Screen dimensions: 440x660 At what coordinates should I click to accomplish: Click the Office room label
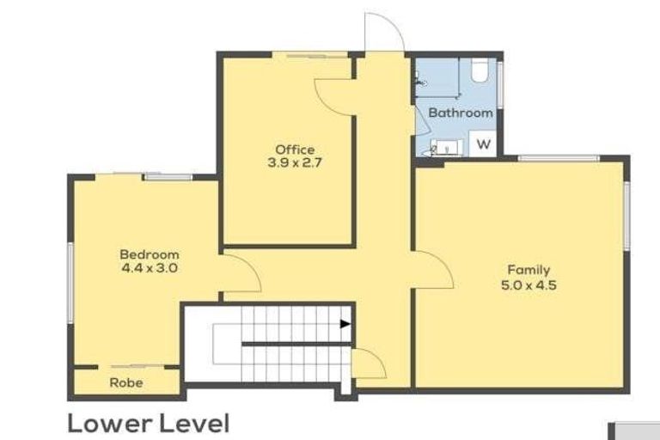coord(295,149)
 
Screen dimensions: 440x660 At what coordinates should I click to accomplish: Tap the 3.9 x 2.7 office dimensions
coord(295,162)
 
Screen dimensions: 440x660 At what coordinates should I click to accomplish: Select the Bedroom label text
coord(149,254)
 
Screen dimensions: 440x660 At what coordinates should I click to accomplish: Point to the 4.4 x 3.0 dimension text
coord(149,267)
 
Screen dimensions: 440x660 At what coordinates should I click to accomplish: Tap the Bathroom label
coord(461,113)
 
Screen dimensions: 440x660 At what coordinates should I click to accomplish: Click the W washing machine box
coord(484,144)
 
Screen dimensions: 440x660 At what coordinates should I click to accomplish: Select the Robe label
coord(125,382)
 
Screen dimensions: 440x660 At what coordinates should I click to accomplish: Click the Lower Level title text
coord(148,423)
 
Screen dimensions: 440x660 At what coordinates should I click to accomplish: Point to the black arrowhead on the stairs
coord(345,324)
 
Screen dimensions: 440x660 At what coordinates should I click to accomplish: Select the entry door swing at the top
coord(382,34)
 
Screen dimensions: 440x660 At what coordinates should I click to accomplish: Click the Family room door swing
coord(434,269)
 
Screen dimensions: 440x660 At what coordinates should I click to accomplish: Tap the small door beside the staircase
coord(369,364)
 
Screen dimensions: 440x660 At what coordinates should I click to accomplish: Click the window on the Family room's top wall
coord(558,157)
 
